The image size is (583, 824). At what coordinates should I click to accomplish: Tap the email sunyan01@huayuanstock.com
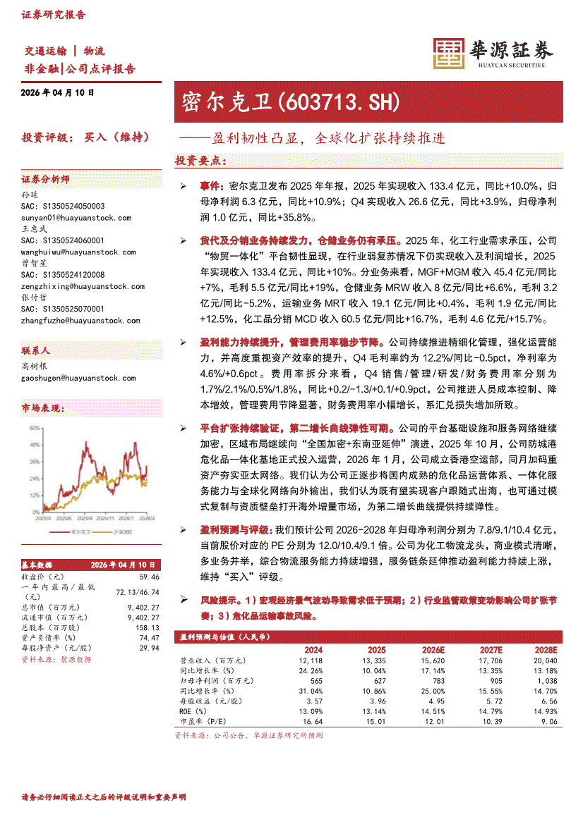click(x=76, y=219)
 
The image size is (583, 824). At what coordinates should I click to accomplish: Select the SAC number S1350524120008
click(x=63, y=275)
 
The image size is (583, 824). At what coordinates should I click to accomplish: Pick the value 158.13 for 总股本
click(x=148, y=627)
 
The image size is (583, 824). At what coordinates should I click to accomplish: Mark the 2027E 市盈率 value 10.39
click(x=489, y=722)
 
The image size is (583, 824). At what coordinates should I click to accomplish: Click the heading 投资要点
click(x=200, y=161)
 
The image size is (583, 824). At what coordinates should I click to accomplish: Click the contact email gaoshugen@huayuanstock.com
click(x=78, y=379)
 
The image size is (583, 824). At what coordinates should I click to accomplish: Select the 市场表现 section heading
click(x=43, y=409)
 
